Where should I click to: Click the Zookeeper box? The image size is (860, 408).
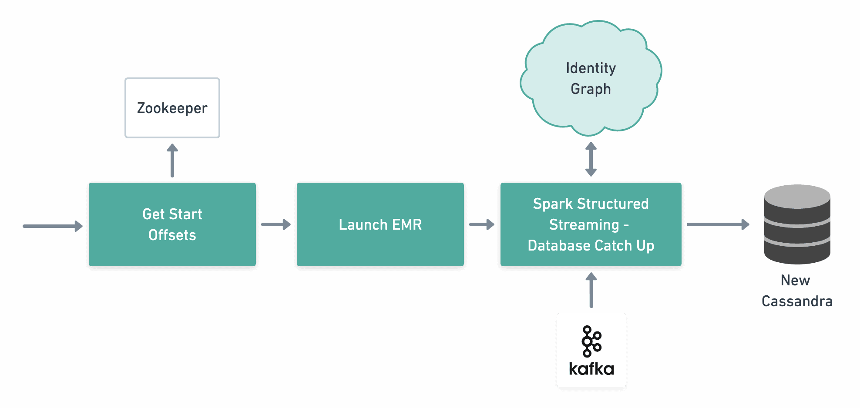(x=172, y=108)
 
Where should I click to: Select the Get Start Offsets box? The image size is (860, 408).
(x=172, y=224)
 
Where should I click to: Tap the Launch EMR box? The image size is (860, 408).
(x=380, y=224)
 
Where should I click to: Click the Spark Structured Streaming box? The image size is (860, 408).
(x=591, y=224)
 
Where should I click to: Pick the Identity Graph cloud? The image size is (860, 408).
(x=591, y=78)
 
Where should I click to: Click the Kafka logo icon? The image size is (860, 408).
(x=591, y=341)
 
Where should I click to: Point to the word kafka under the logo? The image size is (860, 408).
(x=591, y=369)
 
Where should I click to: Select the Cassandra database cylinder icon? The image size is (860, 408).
(x=797, y=224)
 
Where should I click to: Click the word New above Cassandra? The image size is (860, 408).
(x=795, y=280)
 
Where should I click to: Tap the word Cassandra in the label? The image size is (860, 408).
(x=797, y=301)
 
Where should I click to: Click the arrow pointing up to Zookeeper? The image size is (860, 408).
(x=172, y=161)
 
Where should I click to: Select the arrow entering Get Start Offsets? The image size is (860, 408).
(x=53, y=226)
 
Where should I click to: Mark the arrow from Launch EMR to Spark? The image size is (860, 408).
(x=482, y=224)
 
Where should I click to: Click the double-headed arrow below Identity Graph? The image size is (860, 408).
(x=591, y=159)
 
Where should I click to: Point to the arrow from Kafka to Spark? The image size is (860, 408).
(x=591, y=290)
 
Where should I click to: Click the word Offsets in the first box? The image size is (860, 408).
(x=172, y=235)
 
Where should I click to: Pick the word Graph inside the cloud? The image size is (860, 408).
(x=591, y=89)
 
